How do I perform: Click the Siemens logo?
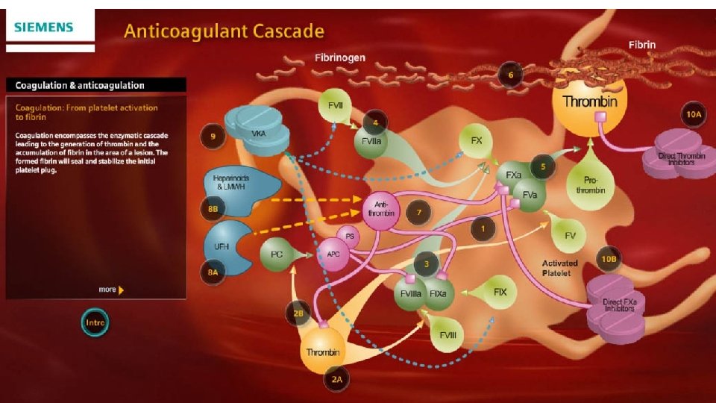tap(44, 28)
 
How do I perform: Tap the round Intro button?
tap(95, 323)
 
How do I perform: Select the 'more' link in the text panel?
tap(110, 290)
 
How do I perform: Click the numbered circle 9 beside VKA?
tap(213, 136)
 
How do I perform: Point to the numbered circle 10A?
tap(694, 114)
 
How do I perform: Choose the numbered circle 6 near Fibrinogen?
tap(510, 75)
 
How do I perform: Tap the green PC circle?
tap(277, 254)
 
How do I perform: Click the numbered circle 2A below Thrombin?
tap(337, 379)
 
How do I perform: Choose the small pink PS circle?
tap(349, 235)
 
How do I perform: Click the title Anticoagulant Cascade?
tap(224, 31)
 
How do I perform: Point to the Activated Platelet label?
tap(560, 268)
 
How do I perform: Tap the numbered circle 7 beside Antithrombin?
tap(419, 213)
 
